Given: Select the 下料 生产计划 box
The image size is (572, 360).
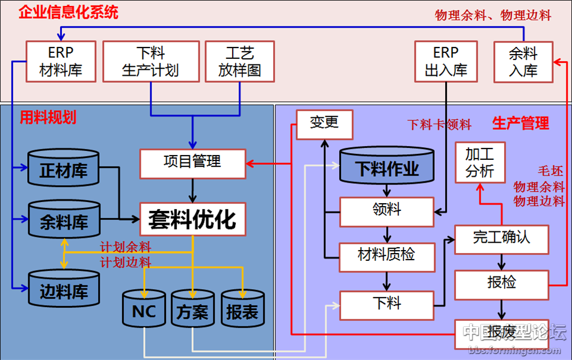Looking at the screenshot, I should [x=150, y=61].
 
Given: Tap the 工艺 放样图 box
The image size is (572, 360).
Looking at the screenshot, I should [x=240, y=61].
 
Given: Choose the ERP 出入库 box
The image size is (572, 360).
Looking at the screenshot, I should [x=446, y=61].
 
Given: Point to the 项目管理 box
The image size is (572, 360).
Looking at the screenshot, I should [x=192, y=162].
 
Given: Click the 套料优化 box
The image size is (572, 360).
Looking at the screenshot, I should [x=192, y=219].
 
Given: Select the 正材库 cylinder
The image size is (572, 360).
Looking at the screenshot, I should [x=64, y=170].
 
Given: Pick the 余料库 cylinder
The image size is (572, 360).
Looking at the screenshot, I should [x=64, y=222].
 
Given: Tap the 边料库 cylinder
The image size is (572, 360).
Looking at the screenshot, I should [x=64, y=291].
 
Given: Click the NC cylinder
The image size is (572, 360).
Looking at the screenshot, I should [x=144, y=310].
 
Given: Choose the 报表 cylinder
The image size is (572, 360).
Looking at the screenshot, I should [x=242, y=310].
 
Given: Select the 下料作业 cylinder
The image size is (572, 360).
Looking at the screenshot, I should [x=387, y=168].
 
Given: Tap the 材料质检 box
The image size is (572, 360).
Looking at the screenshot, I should [x=386, y=254].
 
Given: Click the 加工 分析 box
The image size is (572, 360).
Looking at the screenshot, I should [x=479, y=163].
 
